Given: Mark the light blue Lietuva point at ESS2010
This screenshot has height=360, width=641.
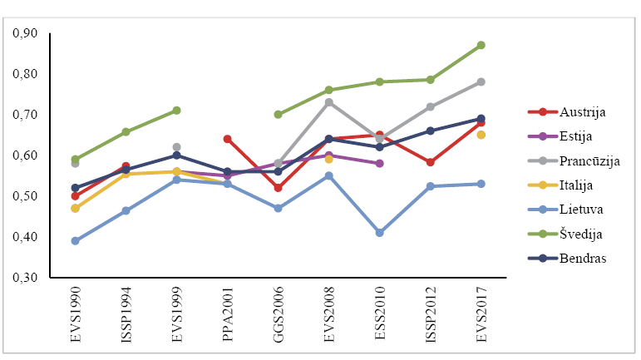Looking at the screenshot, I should [x=380, y=233].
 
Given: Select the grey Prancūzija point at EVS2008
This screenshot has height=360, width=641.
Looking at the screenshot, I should [x=329, y=102].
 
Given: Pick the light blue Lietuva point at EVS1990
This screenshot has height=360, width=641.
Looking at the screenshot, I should [x=76, y=241].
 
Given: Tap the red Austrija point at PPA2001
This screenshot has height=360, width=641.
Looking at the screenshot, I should [x=228, y=139].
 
